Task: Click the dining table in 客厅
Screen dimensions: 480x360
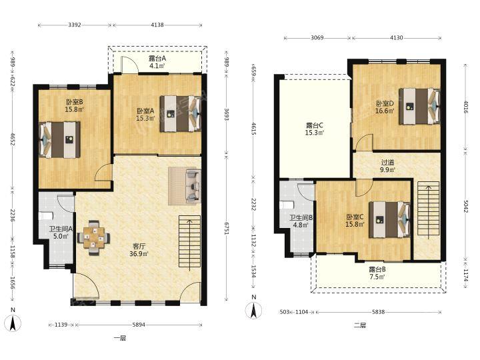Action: [x=94, y=238]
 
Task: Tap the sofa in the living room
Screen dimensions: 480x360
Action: [x=193, y=186]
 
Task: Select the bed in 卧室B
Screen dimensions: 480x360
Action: [x=60, y=140]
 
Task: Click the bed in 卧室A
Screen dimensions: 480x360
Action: [x=180, y=114]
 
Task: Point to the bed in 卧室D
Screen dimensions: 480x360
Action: [x=419, y=107]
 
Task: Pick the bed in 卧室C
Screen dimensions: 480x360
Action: [x=389, y=219]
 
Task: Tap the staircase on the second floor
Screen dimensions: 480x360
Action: [x=429, y=209]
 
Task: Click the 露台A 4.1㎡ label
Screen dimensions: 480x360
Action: [x=157, y=62]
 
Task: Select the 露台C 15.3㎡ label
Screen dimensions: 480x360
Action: [x=315, y=129]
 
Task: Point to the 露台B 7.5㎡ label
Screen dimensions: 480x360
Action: [x=377, y=273]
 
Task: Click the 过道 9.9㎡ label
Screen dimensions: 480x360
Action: [x=387, y=166]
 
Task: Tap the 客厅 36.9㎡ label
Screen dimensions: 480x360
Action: [x=139, y=250]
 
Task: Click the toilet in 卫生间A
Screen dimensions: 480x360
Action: [x=46, y=216]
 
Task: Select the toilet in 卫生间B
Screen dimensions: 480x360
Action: [x=287, y=205]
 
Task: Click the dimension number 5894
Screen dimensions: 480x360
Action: [x=139, y=325]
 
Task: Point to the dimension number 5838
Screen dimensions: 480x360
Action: [x=379, y=312]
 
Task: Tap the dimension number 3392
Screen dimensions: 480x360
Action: [x=75, y=25]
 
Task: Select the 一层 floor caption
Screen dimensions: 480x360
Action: [x=120, y=338]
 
